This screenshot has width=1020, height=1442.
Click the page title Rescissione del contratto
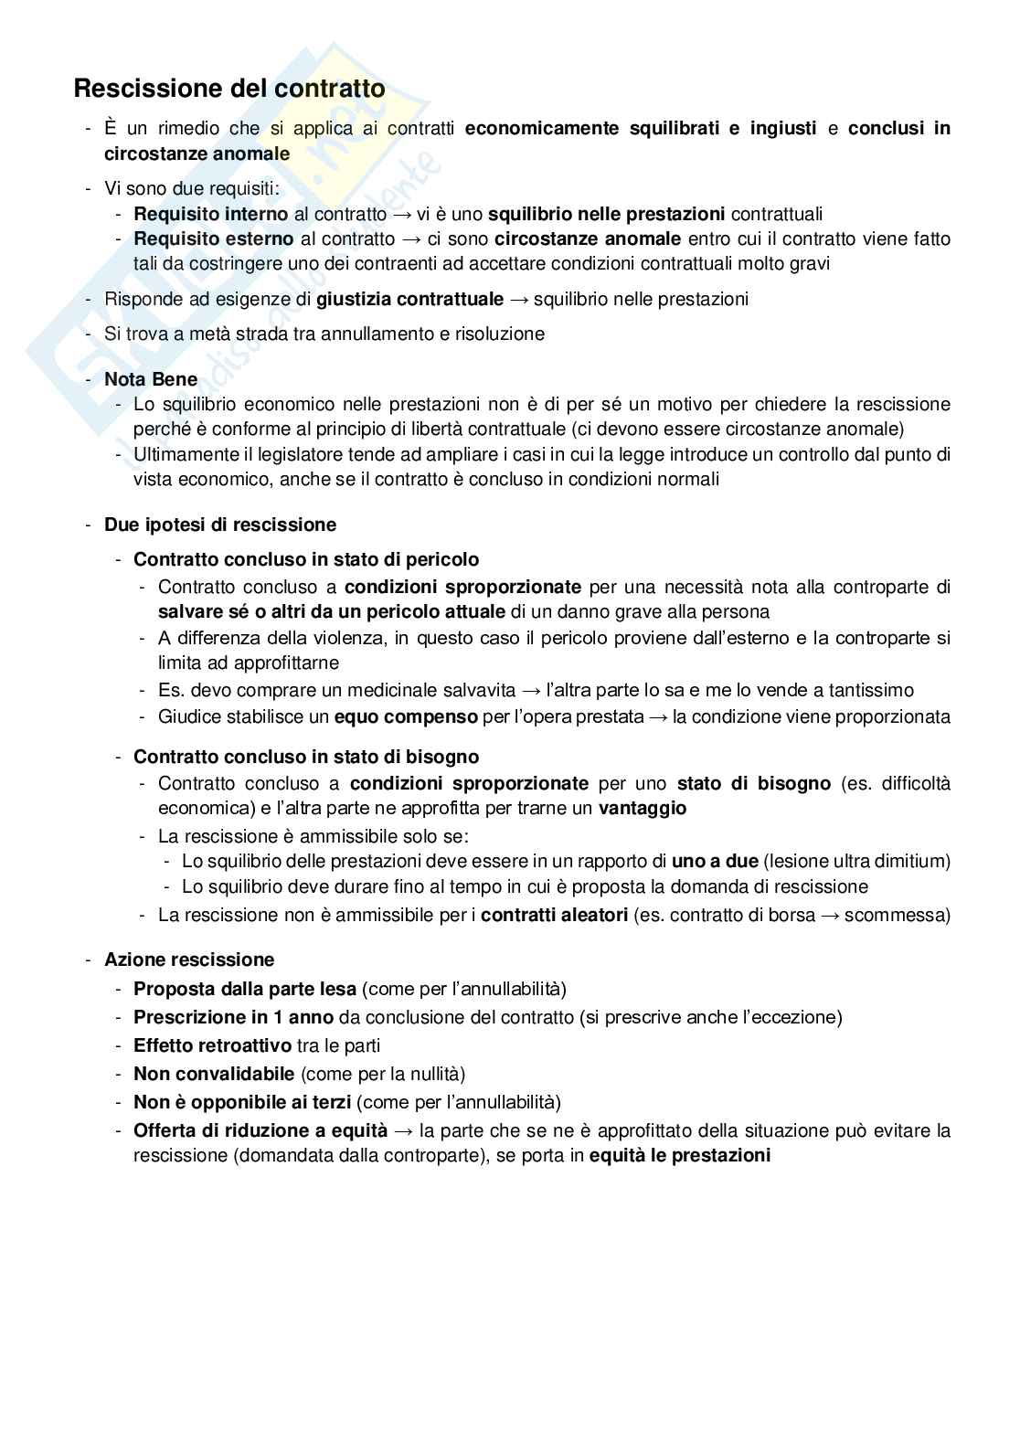point(228,89)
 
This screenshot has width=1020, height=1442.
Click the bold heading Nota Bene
point(138,379)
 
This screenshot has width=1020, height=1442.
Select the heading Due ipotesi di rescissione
point(220,525)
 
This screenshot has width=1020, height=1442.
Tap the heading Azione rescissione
point(189,960)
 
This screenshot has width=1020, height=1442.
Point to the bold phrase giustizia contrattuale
point(410,299)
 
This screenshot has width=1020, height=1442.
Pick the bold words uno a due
point(715,861)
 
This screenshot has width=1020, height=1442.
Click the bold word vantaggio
point(643,808)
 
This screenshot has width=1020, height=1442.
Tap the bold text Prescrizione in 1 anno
point(233,1017)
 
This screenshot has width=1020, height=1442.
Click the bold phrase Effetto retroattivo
point(212,1045)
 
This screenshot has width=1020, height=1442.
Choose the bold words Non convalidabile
point(214,1074)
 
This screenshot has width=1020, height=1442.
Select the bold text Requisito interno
point(210,214)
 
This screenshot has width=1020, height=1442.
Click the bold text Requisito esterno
point(214,239)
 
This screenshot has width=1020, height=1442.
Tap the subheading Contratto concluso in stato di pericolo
point(306,559)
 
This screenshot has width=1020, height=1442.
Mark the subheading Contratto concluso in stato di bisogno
point(306,757)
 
